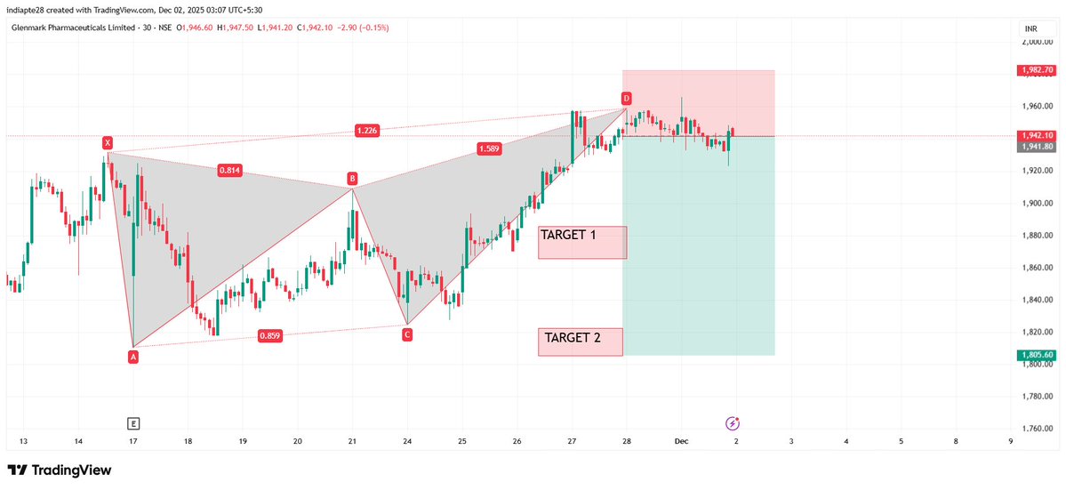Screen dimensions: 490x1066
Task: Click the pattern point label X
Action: point(108,142)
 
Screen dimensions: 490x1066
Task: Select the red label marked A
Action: point(133,357)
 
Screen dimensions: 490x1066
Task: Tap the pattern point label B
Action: point(352,179)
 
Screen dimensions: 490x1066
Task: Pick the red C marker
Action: point(406,334)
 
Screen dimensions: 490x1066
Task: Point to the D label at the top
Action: point(626,98)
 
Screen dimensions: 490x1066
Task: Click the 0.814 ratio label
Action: point(231,170)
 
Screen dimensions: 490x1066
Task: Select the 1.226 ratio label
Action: point(366,131)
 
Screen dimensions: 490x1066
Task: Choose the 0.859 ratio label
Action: point(271,335)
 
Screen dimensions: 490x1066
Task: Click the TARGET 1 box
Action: point(582,242)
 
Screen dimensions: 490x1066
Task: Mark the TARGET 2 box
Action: point(581,341)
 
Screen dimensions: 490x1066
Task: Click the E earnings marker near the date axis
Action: point(133,423)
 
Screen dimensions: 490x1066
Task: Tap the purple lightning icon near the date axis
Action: point(733,423)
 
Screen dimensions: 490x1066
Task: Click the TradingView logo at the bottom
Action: point(60,470)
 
